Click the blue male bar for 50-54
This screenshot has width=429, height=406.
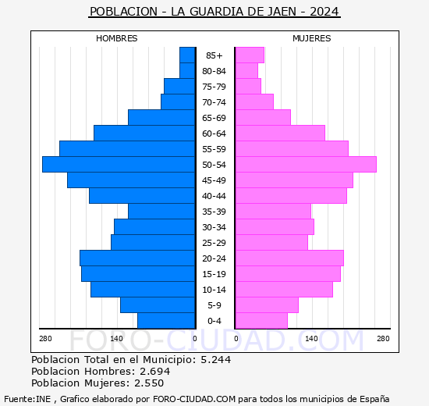119,165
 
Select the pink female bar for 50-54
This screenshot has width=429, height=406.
306,165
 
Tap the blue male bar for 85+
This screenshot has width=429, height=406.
187,55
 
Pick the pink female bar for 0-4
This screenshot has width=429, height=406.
261,321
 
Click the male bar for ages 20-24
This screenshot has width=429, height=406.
137,258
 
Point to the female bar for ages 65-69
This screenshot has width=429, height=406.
263,118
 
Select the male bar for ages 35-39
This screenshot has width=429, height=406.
161,212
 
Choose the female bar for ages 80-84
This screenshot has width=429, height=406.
246,71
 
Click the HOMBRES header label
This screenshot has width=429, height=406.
117,38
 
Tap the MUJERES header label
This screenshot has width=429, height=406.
312,38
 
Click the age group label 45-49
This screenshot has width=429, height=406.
214,180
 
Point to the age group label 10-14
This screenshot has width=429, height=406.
214,290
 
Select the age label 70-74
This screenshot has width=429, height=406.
214,102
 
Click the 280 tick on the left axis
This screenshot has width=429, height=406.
45,338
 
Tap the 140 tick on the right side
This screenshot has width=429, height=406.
312,338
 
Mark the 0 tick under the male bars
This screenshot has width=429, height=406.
195,338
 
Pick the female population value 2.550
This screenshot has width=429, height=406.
150,383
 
